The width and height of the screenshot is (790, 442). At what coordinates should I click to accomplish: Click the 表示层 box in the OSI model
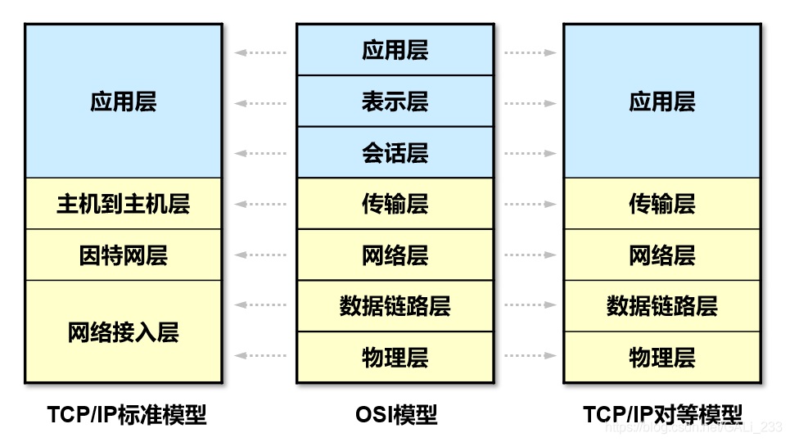coord(395,101)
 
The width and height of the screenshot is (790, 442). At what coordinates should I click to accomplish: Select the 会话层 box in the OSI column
coord(395,152)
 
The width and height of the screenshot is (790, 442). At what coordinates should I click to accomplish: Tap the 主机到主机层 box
coord(123,204)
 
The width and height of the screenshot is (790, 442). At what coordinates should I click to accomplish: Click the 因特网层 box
coord(123,255)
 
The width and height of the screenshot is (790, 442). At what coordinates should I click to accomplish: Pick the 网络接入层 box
coord(123,331)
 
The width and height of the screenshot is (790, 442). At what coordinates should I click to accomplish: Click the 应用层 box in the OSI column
coord(395,50)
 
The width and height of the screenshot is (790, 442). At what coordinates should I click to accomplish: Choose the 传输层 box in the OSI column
coord(395,204)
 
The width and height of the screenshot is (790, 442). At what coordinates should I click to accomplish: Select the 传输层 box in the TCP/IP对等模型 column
coord(661,204)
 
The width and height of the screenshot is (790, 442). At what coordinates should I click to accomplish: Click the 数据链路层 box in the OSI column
coord(395,306)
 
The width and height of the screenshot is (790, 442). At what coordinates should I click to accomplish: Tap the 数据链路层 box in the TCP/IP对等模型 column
coord(661,306)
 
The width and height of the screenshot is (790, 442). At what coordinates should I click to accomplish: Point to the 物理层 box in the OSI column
coord(395,357)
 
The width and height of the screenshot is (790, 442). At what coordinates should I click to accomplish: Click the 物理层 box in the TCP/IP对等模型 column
coord(661,357)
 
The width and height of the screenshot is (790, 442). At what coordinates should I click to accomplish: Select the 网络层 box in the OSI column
coord(395,255)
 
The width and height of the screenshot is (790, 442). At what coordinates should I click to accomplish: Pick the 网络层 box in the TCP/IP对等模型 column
coord(661,255)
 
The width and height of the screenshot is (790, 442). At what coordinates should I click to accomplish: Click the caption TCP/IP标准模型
coord(127,414)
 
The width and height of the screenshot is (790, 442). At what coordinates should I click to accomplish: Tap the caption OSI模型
coord(396,414)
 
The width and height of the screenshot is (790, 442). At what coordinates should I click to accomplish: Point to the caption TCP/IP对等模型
coord(662,414)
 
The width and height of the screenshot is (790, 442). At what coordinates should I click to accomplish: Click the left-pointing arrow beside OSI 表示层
coord(260,103)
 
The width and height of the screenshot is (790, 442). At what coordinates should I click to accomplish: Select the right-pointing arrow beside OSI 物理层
coord(530,355)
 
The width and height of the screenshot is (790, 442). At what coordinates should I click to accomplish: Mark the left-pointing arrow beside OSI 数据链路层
coord(260,304)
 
